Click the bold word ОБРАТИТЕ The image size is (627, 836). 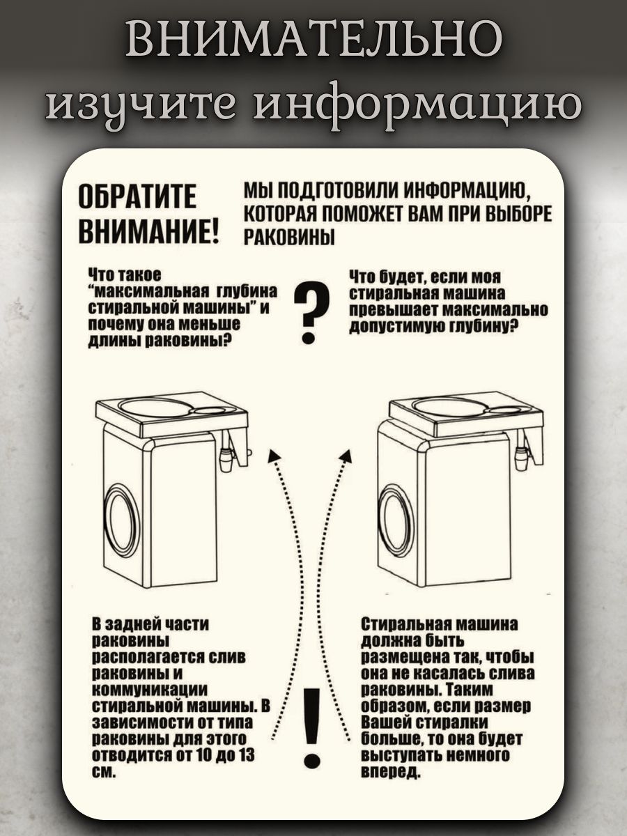(137, 196)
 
